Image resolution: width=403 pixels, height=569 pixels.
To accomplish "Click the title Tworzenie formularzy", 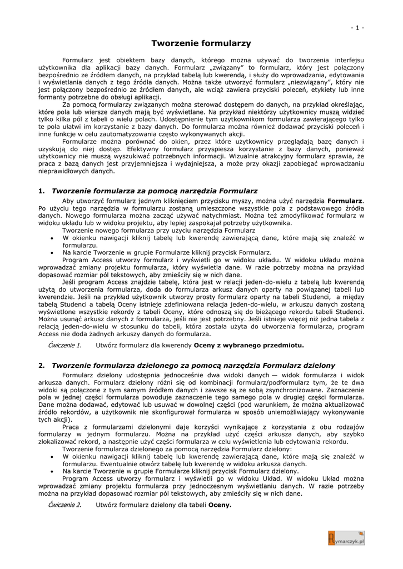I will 201,43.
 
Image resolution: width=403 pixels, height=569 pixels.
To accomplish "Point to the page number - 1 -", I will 357,28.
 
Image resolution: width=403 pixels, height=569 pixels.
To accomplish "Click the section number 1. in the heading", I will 42,191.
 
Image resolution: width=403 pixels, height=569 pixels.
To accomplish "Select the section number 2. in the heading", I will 42,365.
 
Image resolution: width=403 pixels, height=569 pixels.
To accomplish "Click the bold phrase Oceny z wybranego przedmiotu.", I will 248,345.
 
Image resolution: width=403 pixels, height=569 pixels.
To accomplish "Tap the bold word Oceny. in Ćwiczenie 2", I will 220,505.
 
